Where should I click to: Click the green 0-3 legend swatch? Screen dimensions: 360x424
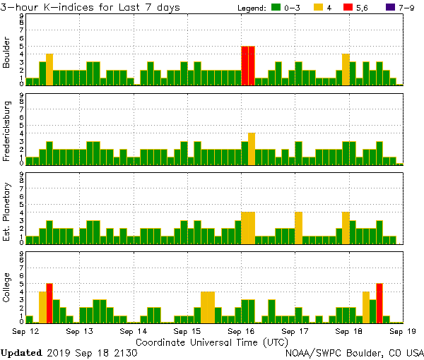274,8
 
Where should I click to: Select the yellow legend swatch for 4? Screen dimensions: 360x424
318,8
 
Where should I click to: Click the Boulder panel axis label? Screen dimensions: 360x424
7,53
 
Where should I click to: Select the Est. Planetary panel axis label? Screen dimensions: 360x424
7,211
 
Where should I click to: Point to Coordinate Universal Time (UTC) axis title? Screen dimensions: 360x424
212,342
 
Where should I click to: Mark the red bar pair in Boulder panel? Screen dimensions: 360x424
248,66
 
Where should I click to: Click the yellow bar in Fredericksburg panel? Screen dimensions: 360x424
252,148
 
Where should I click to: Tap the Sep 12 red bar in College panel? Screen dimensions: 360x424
49,302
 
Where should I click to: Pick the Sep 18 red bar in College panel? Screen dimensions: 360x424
379,302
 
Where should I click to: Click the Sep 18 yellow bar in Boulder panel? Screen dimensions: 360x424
346,69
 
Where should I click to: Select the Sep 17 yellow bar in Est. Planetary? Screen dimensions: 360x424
299,227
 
